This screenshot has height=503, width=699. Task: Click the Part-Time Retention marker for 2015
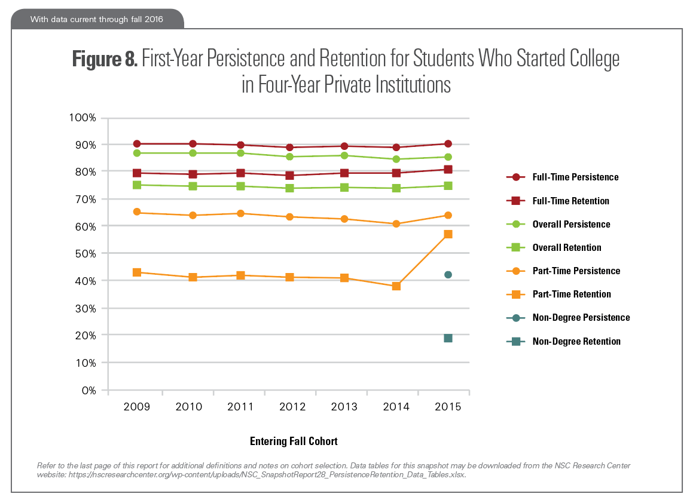tap(448, 234)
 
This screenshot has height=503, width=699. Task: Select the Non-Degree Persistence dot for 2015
tap(448, 275)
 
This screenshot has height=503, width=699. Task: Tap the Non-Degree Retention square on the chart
tap(448, 338)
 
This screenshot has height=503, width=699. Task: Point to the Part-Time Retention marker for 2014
tap(396, 286)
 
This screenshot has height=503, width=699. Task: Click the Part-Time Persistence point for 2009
tap(137, 212)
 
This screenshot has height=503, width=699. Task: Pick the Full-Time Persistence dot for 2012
tap(290, 147)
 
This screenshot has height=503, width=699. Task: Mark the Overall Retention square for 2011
tap(240, 186)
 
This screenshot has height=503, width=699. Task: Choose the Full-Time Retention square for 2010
tap(193, 174)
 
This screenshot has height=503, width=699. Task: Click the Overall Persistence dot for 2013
tap(344, 155)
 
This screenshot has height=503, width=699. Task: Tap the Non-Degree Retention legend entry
tap(576, 342)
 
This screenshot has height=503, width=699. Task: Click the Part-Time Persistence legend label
tap(576, 271)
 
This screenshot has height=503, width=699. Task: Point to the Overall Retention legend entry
tap(567, 248)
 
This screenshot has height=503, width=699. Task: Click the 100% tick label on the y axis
tap(84, 118)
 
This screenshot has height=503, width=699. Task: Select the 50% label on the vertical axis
tap(86, 254)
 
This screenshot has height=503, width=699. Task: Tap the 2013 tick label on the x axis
tap(344, 407)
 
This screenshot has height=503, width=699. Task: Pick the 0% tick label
tap(88, 391)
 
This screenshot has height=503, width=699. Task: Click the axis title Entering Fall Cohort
tap(294, 441)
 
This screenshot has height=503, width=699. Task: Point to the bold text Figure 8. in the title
tap(106, 59)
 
